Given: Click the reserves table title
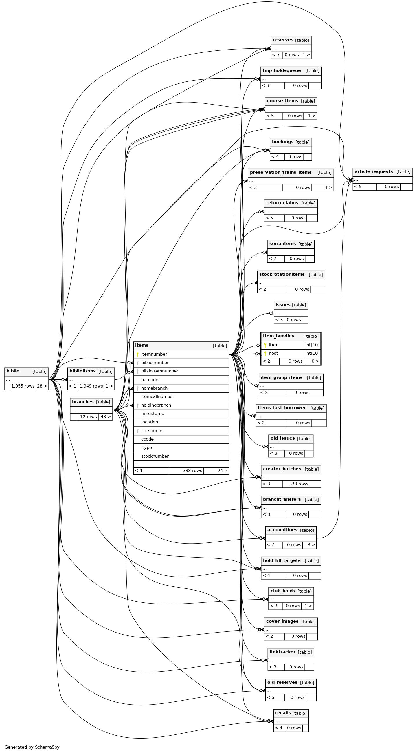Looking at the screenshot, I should coord(283,40).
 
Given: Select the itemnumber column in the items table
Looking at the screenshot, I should coord(154,354).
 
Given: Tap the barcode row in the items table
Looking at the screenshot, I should coord(150,380).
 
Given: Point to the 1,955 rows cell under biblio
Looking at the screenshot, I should coord(23,386).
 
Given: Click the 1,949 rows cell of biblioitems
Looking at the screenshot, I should coord(91,386).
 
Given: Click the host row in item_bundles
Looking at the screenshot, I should coord(273,353).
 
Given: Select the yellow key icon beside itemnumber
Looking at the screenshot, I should coord(137,354).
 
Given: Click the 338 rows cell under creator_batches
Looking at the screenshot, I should coord(298,484).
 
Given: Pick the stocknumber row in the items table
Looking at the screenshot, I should coord(155,456).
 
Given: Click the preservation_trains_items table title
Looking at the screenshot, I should coord(281,172).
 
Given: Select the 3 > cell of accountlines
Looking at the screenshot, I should coord(309,545).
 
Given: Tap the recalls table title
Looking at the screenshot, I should coord(283,713).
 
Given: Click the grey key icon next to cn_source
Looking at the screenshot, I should coord(137,431).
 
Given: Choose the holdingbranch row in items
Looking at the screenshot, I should coord(156,405).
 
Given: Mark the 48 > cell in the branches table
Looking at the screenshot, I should coord(105,417).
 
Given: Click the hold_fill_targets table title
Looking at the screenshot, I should coord(282,560).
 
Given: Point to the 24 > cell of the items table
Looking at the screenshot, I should coord(216,471).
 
